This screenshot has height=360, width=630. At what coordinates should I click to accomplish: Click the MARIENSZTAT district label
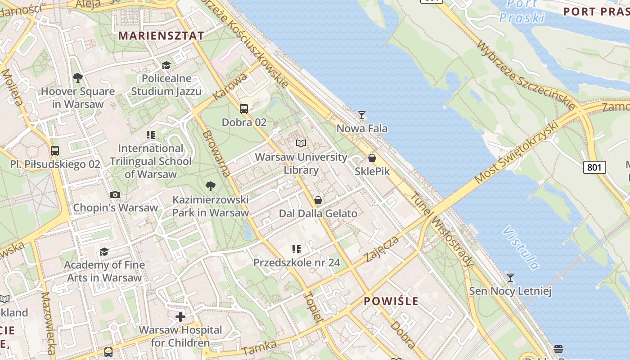click(x=161, y=36)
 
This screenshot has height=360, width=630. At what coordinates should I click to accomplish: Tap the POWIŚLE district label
click(x=391, y=301)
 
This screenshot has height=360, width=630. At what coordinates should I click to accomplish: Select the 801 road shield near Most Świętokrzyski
click(x=594, y=167)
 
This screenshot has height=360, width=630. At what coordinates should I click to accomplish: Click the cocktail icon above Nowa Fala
click(x=361, y=115)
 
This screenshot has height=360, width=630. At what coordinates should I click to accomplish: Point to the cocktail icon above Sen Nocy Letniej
click(x=510, y=277)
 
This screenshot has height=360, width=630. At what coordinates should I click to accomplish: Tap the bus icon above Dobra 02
click(x=244, y=108)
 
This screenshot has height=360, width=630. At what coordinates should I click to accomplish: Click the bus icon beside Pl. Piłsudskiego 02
click(x=55, y=151)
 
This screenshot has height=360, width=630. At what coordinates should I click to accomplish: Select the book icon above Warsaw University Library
click(x=301, y=144)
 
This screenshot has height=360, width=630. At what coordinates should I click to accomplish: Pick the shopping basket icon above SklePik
click(x=372, y=158)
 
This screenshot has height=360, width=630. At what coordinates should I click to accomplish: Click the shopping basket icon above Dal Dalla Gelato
click(x=318, y=200)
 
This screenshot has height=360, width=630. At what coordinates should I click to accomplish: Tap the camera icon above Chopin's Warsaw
click(x=115, y=194)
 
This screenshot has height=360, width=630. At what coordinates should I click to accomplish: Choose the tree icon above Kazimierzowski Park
click(x=210, y=186)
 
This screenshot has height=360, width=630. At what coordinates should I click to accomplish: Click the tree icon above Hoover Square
click(x=77, y=78)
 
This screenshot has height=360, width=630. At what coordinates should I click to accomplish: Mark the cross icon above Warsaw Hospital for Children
click(x=180, y=317)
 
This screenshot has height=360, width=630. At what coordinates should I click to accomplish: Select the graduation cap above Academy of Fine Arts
click(x=104, y=252)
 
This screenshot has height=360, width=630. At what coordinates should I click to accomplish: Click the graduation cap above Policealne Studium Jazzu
click(x=166, y=65)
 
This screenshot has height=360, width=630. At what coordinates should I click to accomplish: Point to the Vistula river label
click(x=521, y=248)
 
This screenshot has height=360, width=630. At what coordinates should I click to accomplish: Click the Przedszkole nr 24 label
click(x=297, y=262)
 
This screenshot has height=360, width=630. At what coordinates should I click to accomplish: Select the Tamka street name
click(x=259, y=348)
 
